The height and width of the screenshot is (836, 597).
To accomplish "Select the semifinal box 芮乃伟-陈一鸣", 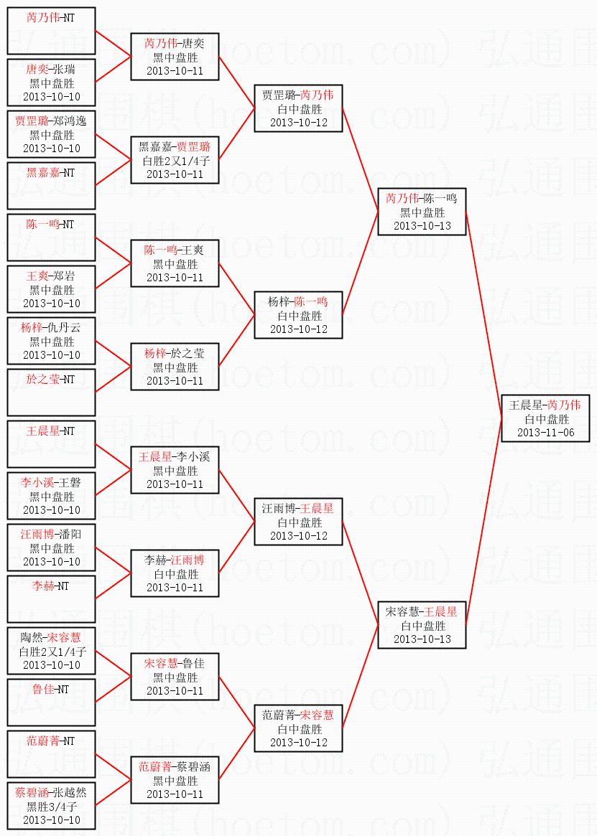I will (x=422, y=212).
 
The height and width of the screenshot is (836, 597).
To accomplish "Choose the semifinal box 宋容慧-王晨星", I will (x=422, y=625).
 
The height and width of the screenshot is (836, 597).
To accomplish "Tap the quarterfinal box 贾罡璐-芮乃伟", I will (x=298, y=108).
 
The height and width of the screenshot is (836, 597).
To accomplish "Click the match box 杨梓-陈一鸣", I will (x=298, y=315).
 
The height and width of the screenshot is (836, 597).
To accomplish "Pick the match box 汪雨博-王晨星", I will (x=298, y=522).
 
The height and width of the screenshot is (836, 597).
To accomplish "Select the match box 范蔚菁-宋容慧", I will (x=298, y=728).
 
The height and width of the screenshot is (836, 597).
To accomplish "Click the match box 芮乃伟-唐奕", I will (x=175, y=57).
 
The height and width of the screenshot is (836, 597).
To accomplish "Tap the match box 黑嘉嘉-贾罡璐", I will (x=175, y=160).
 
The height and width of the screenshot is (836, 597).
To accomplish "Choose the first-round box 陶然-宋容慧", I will (x=51, y=651).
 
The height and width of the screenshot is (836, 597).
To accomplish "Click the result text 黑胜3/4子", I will (x=51, y=806).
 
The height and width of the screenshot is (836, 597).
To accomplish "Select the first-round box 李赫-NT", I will (x=51, y=598).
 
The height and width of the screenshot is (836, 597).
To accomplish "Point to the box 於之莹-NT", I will (x=51, y=392).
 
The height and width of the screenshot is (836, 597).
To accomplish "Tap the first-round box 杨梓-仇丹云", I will (x=51, y=341).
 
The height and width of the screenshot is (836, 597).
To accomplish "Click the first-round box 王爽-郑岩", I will (x=51, y=289).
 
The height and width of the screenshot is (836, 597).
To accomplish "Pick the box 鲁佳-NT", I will (x=51, y=702).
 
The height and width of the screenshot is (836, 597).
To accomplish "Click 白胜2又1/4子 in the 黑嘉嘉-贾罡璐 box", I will (x=175, y=160).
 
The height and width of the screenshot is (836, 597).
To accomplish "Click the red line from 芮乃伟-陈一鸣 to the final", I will (x=484, y=315).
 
